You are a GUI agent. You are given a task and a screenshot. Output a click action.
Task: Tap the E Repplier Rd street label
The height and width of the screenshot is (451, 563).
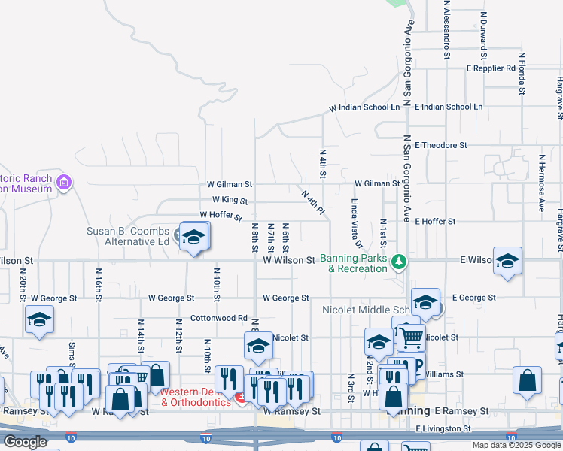click(x=491, y=68)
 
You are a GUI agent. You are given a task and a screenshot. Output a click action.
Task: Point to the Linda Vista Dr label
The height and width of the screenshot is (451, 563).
click(x=356, y=224)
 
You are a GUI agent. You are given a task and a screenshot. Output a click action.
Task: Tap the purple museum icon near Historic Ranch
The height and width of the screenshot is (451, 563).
click(x=64, y=182)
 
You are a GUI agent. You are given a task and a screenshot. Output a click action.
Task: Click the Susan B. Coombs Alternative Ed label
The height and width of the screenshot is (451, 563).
click(x=127, y=236)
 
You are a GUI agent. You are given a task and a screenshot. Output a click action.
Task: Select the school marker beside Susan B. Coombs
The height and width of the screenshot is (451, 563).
click(x=193, y=237)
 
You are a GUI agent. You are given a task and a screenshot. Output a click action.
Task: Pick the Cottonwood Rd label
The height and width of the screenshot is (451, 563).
click(x=219, y=318)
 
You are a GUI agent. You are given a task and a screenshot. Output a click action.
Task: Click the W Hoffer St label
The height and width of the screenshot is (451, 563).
click(x=221, y=216)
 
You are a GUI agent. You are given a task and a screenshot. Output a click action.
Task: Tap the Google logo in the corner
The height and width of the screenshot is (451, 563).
click(x=24, y=442)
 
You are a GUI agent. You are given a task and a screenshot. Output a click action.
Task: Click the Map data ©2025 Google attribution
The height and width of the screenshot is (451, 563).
click(x=516, y=445)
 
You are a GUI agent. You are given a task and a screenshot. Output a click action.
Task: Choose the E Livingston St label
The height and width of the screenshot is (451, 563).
click(x=443, y=428)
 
